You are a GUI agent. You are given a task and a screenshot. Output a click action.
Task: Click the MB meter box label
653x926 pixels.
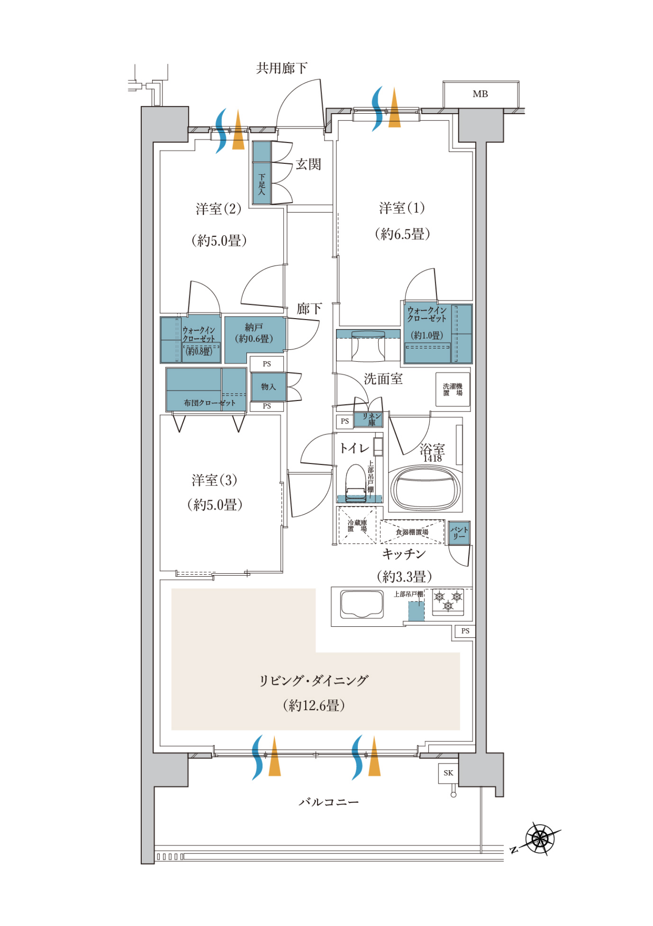[x=480, y=94]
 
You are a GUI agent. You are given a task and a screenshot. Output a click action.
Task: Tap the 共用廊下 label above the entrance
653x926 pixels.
[x=282, y=68]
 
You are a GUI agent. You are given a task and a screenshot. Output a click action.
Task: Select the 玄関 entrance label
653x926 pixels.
[x=308, y=164]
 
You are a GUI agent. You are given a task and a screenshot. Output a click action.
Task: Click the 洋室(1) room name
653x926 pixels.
[x=402, y=208]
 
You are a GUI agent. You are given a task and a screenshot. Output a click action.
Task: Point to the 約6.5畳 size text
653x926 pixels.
[x=402, y=234]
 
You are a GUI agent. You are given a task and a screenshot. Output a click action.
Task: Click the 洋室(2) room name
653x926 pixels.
[x=219, y=209]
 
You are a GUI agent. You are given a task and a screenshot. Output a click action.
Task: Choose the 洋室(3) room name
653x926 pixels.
[x=215, y=480]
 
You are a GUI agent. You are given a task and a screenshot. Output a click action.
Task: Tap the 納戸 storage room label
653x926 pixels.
[x=254, y=327]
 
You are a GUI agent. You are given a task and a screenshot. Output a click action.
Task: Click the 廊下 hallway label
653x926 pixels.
[x=309, y=309]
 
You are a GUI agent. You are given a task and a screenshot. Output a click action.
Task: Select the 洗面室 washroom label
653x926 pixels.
[x=383, y=379]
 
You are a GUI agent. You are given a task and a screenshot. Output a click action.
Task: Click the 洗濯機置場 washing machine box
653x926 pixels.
[x=453, y=390]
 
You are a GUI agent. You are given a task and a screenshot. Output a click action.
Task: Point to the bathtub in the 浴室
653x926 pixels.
[x=426, y=489]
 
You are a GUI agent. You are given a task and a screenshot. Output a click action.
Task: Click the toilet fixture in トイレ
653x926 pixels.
[x=356, y=483]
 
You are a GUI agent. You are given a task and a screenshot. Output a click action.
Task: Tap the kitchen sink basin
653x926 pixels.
[x=362, y=604]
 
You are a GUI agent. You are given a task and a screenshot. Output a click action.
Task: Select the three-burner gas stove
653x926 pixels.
[x=448, y=602]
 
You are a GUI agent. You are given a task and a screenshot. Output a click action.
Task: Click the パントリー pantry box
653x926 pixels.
[x=459, y=533]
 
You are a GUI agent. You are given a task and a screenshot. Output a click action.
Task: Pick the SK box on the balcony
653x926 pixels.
[x=448, y=773]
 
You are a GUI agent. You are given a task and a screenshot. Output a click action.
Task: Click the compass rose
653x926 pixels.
[x=540, y=839]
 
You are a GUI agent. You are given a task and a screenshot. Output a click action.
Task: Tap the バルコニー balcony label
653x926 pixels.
[x=329, y=802]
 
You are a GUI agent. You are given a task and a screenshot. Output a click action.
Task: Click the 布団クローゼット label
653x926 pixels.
[x=210, y=403]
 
